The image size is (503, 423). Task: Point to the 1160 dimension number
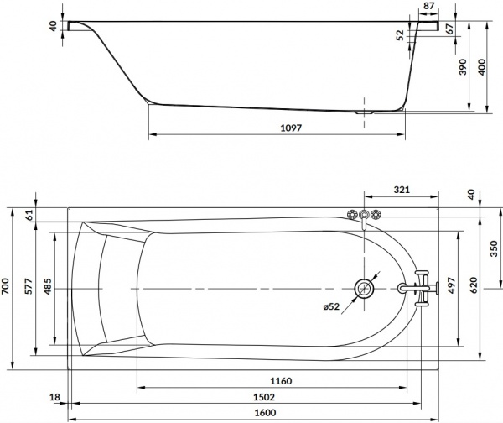click(282, 382)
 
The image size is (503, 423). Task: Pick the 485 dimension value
click(49, 286)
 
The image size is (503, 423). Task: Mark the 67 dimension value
click(449, 29)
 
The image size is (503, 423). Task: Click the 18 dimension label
click(54, 398)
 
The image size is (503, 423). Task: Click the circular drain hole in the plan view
click(365, 290)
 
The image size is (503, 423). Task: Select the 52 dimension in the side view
click(399, 36)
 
